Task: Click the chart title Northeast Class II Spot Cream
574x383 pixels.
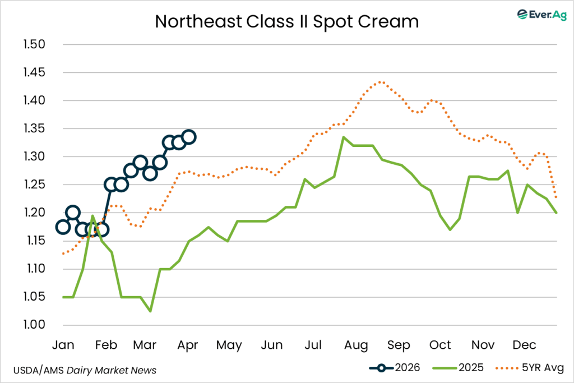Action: pyautogui.click(x=286, y=21)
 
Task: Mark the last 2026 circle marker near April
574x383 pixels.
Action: pyautogui.click(x=189, y=137)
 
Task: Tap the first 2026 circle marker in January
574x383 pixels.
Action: pyautogui.click(x=63, y=227)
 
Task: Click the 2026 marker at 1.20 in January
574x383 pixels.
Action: pyautogui.click(x=73, y=213)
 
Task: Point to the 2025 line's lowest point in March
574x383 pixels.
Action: pyautogui.click(x=151, y=311)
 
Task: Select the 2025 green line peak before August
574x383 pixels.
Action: pyautogui.click(x=343, y=137)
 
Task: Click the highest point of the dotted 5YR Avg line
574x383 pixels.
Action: pyautogui.click(x=381, y=82)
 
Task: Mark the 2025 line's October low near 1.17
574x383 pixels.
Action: pyautogui.click(x=450, y=229)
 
